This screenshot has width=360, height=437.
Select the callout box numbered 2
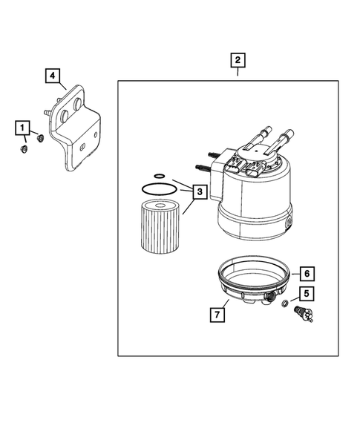point(238,60)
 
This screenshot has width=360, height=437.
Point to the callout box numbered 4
point(53,75)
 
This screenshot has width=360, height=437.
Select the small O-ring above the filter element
point(148,179)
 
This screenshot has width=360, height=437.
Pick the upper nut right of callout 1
point(41,137)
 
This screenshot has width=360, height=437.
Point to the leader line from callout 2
point(238,72)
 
